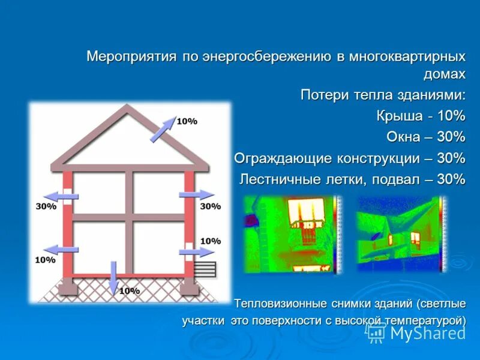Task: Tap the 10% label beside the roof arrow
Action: point(187,121)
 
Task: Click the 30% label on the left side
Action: point(46,206)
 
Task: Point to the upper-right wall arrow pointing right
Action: point(196,195)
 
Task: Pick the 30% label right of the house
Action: point(210,206)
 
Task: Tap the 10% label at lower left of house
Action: point(45,260)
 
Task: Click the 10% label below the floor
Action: point(129,291)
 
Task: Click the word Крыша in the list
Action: point(397,116)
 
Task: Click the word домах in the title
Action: point(445,74)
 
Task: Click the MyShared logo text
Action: point(427,333)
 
